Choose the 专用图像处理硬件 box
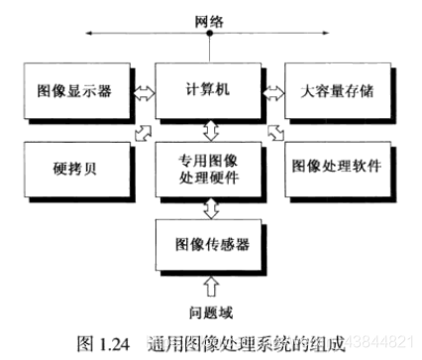[209, 164]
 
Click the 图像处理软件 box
[343, 164]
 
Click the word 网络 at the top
[209, 15]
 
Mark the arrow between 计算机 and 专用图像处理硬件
[209, 129]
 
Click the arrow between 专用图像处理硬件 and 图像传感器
[209, 205]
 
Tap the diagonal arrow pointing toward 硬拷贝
[145, 132]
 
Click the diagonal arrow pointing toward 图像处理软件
[275, 132]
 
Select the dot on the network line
[209, 33]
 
